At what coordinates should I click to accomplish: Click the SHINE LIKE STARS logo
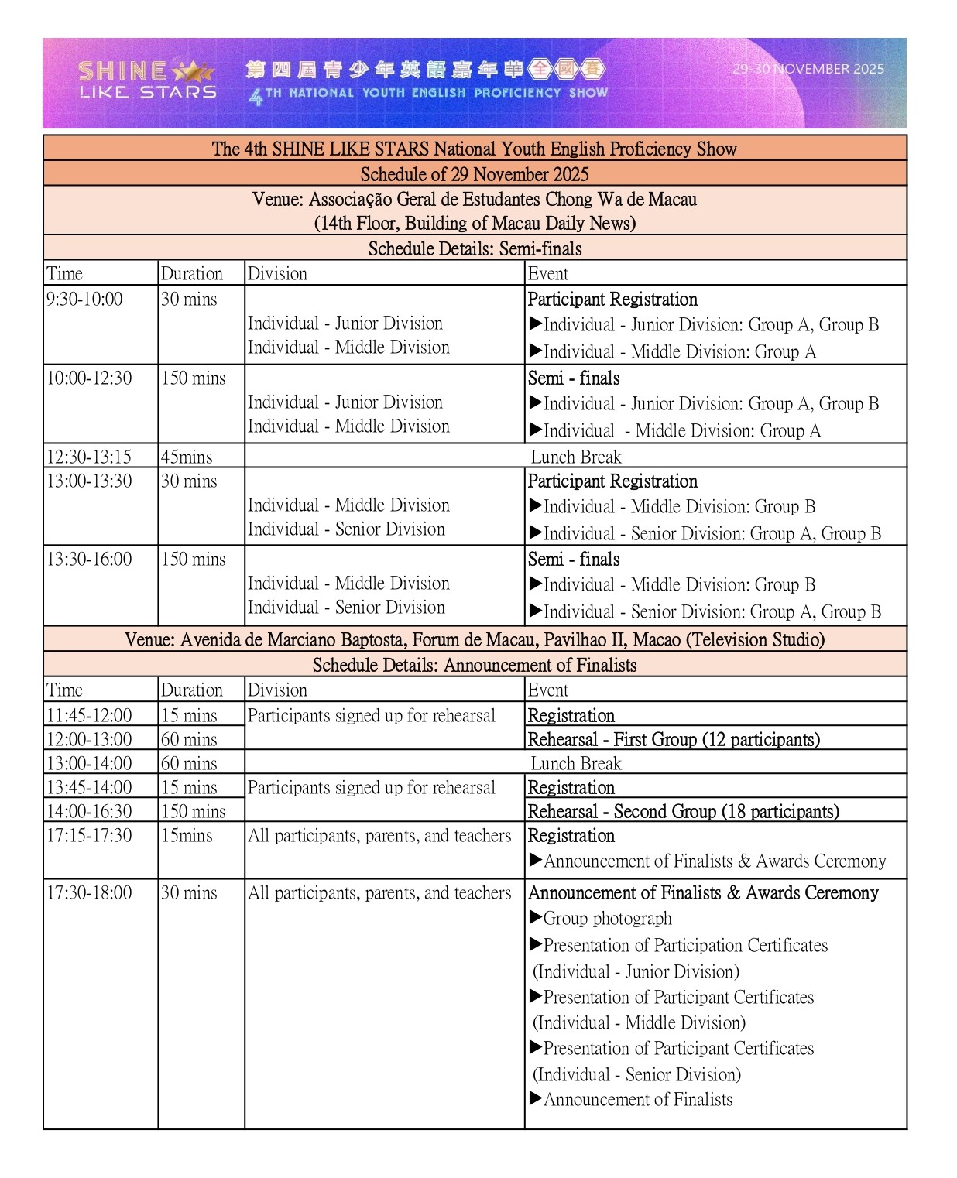point(146,80)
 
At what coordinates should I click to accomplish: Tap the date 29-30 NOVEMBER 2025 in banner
point(808,69)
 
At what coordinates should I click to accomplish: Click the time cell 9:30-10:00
point(84,300)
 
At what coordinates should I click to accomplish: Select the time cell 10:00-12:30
point(90,378)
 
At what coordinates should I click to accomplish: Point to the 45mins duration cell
point(187,457)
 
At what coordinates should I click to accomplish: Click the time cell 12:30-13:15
point(89,457)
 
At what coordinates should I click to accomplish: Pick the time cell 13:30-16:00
point(90,560)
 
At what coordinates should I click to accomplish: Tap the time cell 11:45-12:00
point(90,715)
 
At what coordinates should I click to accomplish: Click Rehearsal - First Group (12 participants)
point(674,739)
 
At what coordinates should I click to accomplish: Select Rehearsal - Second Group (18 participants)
point(683,811)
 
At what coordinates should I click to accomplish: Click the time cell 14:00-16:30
point(90,811)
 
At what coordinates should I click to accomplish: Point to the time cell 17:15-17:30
point(90,836)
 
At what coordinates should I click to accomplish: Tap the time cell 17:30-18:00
point(90,893)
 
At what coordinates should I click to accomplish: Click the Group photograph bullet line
point(607,919)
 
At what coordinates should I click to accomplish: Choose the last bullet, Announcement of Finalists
point(637,1100)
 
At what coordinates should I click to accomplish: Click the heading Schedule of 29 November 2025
point(475,174)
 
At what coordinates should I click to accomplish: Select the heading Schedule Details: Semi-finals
point(475,248)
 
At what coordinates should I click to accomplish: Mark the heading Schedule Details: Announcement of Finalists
point(475,665)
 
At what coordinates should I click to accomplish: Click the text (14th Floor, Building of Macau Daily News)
point(475,224)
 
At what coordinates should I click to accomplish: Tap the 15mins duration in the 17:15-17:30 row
point(187,836)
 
